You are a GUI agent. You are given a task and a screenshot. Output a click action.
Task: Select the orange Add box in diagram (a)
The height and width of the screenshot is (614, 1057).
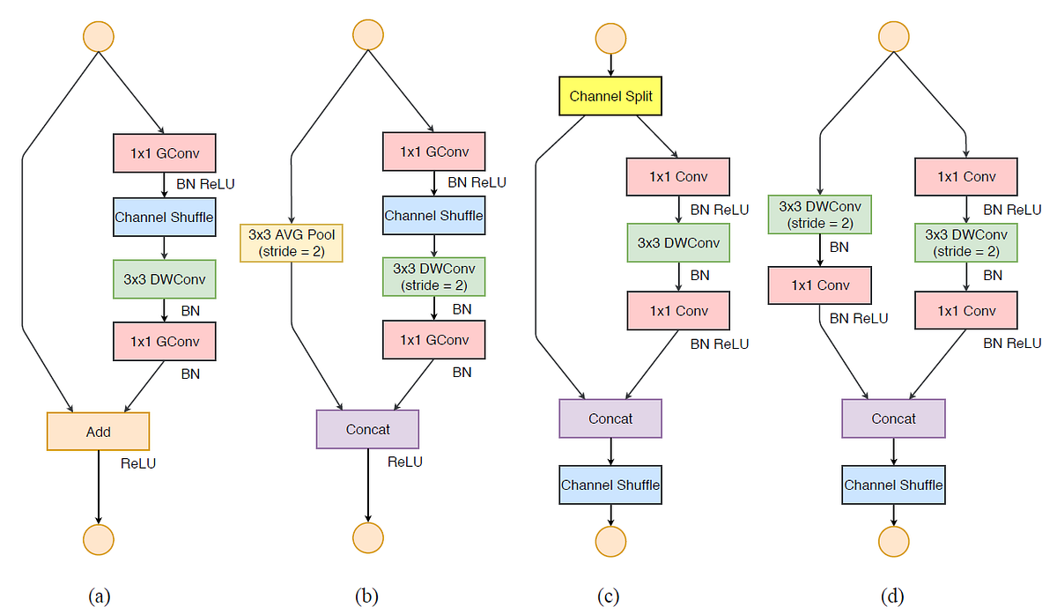98,432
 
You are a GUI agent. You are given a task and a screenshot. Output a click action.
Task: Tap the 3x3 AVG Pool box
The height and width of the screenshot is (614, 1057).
292,243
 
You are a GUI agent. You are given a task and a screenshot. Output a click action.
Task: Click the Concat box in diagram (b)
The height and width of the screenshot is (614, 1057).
367,429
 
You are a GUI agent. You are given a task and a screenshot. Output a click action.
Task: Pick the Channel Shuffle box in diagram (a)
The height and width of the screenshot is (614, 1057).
164,217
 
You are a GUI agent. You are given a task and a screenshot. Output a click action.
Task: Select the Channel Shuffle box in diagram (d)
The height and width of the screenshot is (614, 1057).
893,485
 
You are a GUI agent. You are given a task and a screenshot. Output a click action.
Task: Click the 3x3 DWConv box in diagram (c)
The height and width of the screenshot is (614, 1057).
678,243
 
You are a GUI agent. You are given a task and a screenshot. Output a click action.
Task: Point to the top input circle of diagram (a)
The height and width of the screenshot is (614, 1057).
98,36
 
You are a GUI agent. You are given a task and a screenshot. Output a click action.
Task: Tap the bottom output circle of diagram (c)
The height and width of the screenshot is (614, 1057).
610,539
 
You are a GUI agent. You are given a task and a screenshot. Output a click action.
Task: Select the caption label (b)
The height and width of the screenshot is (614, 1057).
366,596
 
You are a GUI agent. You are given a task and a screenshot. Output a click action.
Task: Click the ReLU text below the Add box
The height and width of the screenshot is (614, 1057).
137,463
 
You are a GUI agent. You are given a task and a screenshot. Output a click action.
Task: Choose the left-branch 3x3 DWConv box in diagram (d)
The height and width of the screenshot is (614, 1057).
820,214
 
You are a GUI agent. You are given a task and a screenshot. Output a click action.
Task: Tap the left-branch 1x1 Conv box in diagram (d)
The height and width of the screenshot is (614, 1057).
820,285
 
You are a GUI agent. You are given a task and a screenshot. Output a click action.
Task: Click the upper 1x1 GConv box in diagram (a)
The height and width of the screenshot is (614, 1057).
164,152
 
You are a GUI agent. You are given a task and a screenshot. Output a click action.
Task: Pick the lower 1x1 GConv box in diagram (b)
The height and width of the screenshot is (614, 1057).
433,340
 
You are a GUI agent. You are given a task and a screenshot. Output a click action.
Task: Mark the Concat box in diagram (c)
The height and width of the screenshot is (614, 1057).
610,418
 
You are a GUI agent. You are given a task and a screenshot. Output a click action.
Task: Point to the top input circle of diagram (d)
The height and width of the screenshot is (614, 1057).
894,36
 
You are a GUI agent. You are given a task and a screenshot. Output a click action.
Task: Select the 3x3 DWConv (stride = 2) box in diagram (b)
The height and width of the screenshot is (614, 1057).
433,276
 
